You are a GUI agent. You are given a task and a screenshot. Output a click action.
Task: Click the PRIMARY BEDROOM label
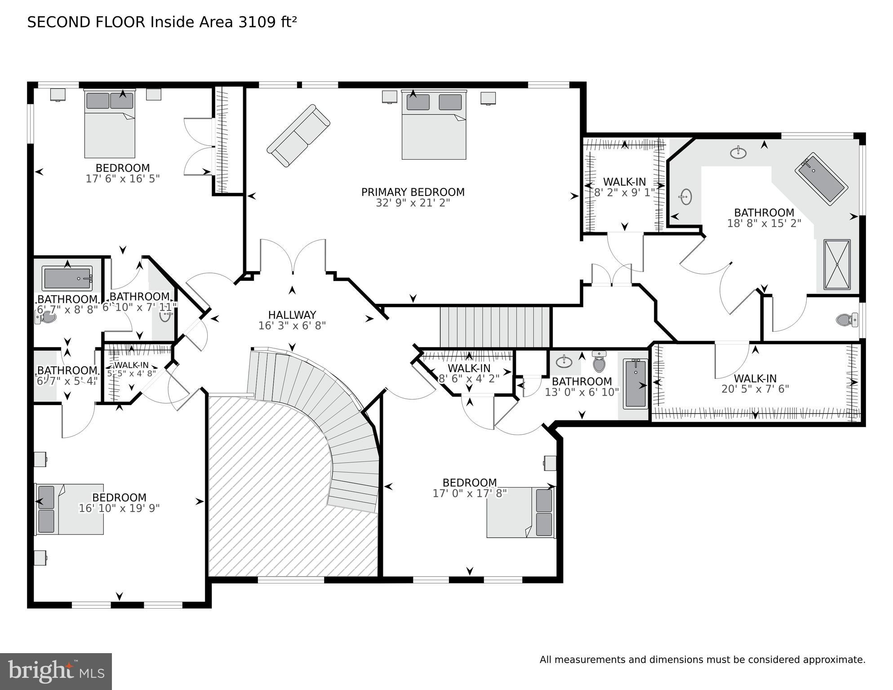(x=413, y=192)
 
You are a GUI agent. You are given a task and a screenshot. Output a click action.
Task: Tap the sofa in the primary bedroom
(x=298, y=136)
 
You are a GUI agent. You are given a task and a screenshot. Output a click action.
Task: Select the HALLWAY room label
(x=292, y=315)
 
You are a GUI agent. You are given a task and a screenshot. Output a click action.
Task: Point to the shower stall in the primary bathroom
(x=837, y=265)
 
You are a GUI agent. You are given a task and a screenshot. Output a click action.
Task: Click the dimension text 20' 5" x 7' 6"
(x=755, y=389)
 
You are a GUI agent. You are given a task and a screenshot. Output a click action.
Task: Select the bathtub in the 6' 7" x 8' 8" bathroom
(x=67, y=278)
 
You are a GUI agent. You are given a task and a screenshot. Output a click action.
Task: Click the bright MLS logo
(x=56, y=671)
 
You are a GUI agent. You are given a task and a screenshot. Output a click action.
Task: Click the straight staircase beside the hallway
(x=494, y=327)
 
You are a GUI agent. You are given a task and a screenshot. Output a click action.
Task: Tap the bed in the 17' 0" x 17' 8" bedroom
(x=521, y=512)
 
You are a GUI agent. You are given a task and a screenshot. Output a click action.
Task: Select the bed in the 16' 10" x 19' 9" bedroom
(x=70, y=509)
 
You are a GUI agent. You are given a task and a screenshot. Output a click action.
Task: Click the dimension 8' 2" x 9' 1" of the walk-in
(x=624, y=192)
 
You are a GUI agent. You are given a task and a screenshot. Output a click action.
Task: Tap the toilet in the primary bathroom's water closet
(x=847, y=320)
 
